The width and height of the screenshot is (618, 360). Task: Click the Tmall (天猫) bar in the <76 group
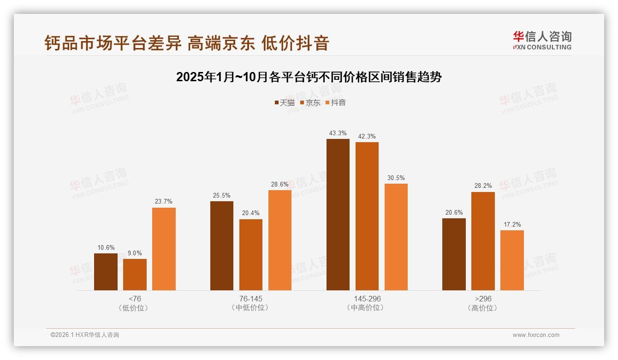click(106, 272)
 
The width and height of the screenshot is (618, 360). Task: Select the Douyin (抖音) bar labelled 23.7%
click(164, 249)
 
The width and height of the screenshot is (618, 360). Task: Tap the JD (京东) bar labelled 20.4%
click(251, 255)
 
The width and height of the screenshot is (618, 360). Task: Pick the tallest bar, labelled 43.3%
click(338, 215)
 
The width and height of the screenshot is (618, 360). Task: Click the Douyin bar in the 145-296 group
click(396, 237)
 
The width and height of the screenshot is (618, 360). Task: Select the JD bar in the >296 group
click(483, 241)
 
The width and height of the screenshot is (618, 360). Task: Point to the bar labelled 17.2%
click(512, 260)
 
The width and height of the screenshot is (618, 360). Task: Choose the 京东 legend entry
click(310, 103)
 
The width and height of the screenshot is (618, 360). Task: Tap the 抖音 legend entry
click(335, 103)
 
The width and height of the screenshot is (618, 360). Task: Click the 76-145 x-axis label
click(251, 299)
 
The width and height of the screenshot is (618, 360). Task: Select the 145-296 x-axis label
click(367, 299)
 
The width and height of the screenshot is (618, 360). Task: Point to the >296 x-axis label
click(483, 299)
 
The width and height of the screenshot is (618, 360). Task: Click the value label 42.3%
click(367, 136)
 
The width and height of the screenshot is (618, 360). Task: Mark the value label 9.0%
click(135, 253)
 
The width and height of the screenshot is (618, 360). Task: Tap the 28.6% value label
click(280, 184)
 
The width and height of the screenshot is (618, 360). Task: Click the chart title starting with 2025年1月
click(309, 77)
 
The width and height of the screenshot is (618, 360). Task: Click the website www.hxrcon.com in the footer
click(536, 335)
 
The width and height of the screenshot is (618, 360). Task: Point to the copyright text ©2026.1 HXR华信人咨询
click(85, 335)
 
